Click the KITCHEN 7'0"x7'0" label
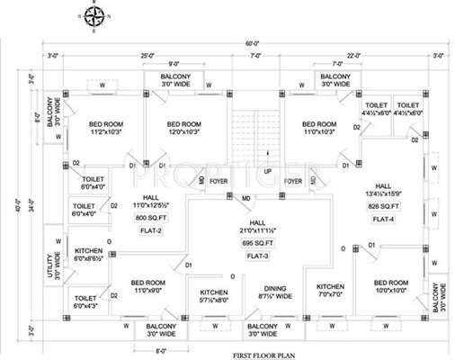click(x=330, y=292)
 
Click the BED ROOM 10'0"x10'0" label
click(x=393, y=288)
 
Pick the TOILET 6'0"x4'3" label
click(x=88, y=301)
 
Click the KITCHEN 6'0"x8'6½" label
click(x=88, y=254)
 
